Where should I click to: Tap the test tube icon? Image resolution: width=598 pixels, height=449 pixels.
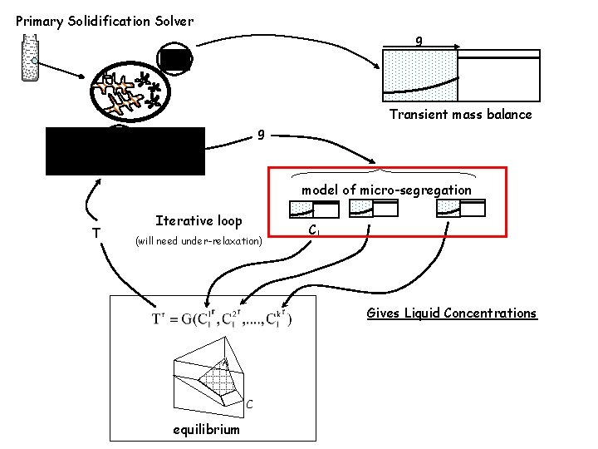coord(31,58)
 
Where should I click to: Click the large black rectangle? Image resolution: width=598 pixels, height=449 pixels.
coord(125,151)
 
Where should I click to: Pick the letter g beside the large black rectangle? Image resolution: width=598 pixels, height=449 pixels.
coord(261,133)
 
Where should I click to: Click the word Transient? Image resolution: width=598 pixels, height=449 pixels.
coord(422,115)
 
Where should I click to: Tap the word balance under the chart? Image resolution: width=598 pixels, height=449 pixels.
coord(507,115)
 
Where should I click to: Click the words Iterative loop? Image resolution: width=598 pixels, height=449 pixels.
coord(199,221)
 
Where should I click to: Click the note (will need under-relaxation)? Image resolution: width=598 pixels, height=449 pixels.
coord(199,241)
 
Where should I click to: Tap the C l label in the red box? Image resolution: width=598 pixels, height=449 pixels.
coord(313,230)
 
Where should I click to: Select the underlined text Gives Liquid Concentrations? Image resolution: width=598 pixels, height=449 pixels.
coord(452,313)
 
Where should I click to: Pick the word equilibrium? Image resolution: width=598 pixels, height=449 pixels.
coord(206,429)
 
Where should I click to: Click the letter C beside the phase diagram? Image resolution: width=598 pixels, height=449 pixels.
coord(249,405)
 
